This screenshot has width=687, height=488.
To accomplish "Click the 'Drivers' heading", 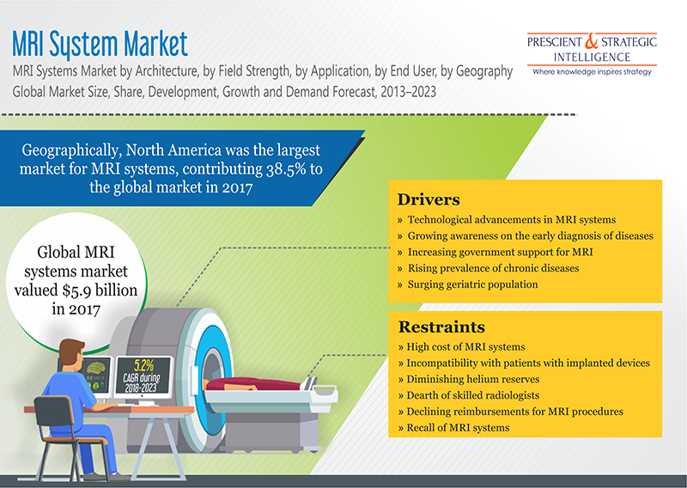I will pyautogui.click(x=429, y=199).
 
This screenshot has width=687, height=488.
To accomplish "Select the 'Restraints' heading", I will pyautogui.click(x=441, y=326).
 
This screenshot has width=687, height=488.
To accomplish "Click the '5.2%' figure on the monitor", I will pyautogui.click(x=143, y=363).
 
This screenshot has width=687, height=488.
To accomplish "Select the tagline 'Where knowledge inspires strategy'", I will pyautogui.click(x=592, y=72).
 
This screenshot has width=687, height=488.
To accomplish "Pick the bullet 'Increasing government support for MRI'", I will pyautogui.click(x=495, y=251).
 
